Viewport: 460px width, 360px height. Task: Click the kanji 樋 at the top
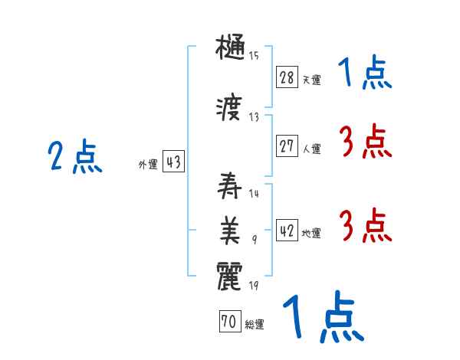pyautogui.click(x=231, y=49)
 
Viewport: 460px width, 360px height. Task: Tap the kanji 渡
pyautogui.click(x=231, y=110)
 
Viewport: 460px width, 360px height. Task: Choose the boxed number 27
pyautogui.click(x=287, y=146)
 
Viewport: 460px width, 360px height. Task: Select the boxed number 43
pyautogui.click(x=173, y=162)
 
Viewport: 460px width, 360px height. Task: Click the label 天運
pyautogui.click(x=311, y=79)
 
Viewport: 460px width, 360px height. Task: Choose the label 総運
pyautogui.click(x=254, y=325)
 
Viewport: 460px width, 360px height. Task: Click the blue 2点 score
pyautogui.click(x=74, y=157)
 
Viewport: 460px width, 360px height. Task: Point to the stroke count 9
pyautogui.click(x=254, y=241)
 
